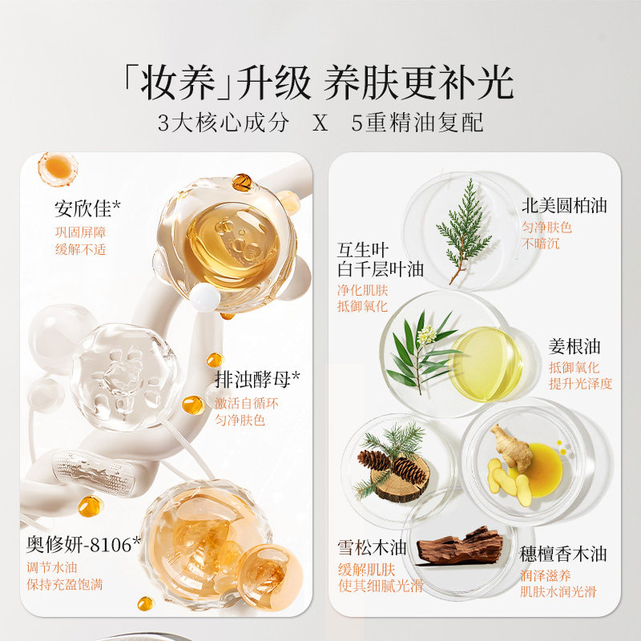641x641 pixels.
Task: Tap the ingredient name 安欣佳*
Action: click(x=88, y=209)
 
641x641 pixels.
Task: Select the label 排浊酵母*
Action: click(x=257, y=378)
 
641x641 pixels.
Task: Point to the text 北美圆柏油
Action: click(x=564, y=205)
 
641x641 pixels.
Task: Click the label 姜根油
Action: click(x=574, y=347)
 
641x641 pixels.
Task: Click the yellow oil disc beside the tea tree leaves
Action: click(x=486, y=363)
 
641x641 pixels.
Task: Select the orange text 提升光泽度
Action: click(x=580, y=383)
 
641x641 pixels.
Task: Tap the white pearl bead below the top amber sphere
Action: click(x=206, y=298)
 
